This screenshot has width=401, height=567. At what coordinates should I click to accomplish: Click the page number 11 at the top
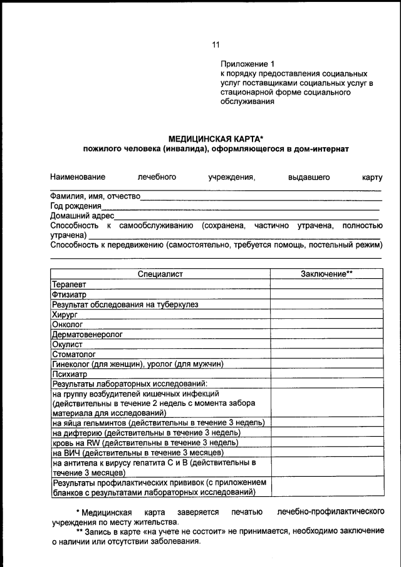216,44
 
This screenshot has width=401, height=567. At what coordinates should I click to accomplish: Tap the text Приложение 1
247,64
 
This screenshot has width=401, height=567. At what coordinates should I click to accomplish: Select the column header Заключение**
326,274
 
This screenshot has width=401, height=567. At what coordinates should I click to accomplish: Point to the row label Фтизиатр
70,294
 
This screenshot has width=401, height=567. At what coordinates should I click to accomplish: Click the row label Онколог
68,325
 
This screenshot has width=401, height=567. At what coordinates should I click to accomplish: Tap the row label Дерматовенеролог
88,335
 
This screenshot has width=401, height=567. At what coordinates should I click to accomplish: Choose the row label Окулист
68,345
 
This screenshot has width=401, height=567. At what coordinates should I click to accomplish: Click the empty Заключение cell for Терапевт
326,284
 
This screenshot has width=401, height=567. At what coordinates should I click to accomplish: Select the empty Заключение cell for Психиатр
326,374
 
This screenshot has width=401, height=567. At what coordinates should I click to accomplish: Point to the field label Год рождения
76,206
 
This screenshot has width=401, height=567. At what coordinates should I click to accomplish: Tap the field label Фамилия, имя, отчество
95,196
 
